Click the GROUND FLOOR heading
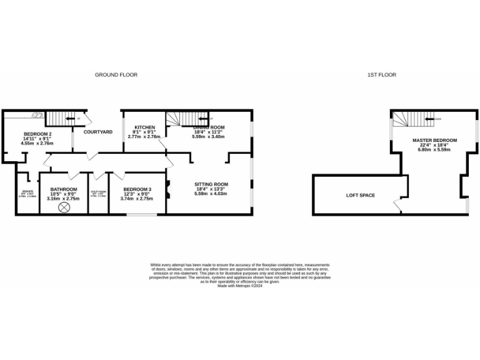tap(116, 75)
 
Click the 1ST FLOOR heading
tap(381, 75)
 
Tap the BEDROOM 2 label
tap(37, 134)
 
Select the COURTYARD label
tap(98, 132)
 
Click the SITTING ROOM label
tap(211, 184)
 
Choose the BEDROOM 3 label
tap(137, 189)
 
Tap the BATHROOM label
tap(64, 189)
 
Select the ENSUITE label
tap(27, 191)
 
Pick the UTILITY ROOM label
tap(98, 192)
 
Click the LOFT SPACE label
tap(361, 196)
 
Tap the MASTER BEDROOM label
tap(434, 140)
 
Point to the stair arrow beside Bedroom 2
tap(71, 118)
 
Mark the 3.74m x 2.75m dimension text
tap(137, 198)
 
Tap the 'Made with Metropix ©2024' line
tap(240, 286)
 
